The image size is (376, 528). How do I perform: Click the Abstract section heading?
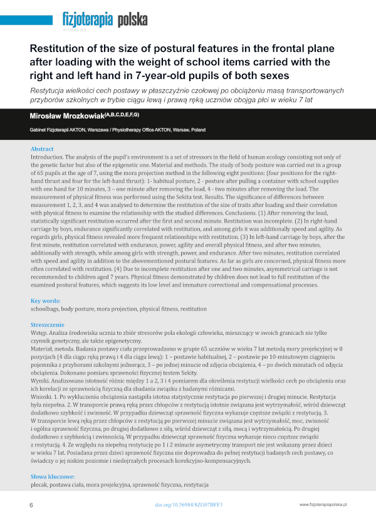pyautogui.click(x=42, y=149)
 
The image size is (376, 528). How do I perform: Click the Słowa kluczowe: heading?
pyautogui.click(x=52, y=477)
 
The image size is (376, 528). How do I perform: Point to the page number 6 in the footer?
pyautogui.click(x=31, y=505)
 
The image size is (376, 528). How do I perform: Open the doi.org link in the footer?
pyautogui.click(x=188, y=505)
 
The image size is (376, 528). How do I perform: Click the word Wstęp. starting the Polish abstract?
pyautogui.click(x=41, y=334)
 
